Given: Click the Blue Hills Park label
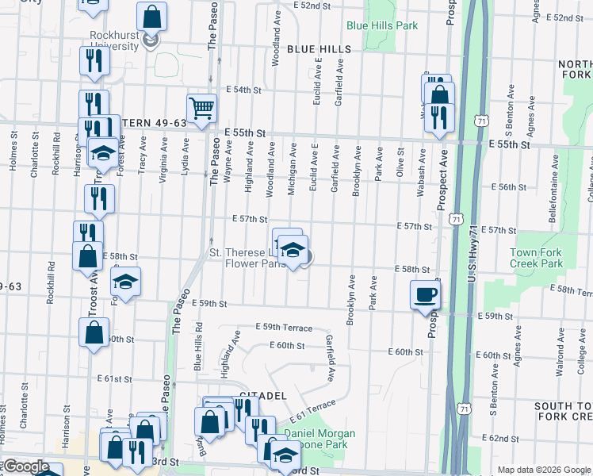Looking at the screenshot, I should (x=381, y=25).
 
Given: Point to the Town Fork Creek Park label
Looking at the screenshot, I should (x=536, y=257).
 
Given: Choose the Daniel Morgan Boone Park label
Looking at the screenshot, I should (x=319, y=440).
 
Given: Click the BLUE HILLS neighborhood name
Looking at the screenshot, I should (x=319, y=49).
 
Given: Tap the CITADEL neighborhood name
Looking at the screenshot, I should (x=262, y=395).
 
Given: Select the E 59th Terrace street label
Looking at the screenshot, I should (x=284, y=328).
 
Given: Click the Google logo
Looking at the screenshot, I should (x=25, y=466).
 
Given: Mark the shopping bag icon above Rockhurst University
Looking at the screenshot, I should (x=151, y=15).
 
